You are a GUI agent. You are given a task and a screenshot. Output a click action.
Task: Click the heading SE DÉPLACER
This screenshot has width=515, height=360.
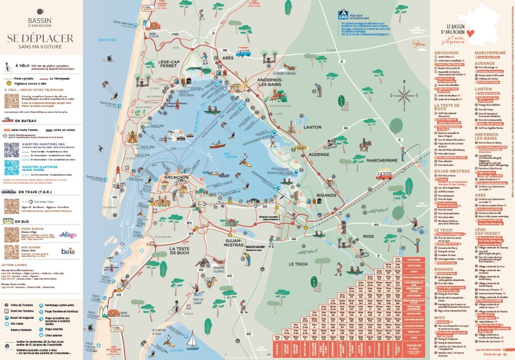[x=40, y=38]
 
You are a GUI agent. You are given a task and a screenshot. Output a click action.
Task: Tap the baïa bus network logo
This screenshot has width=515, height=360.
[x=67, y=251]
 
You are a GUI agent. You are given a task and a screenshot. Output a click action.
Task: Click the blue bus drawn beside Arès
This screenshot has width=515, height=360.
[x=243, y=52]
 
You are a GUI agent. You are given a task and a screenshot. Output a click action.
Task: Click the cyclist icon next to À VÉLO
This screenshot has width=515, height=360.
[x=8, y=66]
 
